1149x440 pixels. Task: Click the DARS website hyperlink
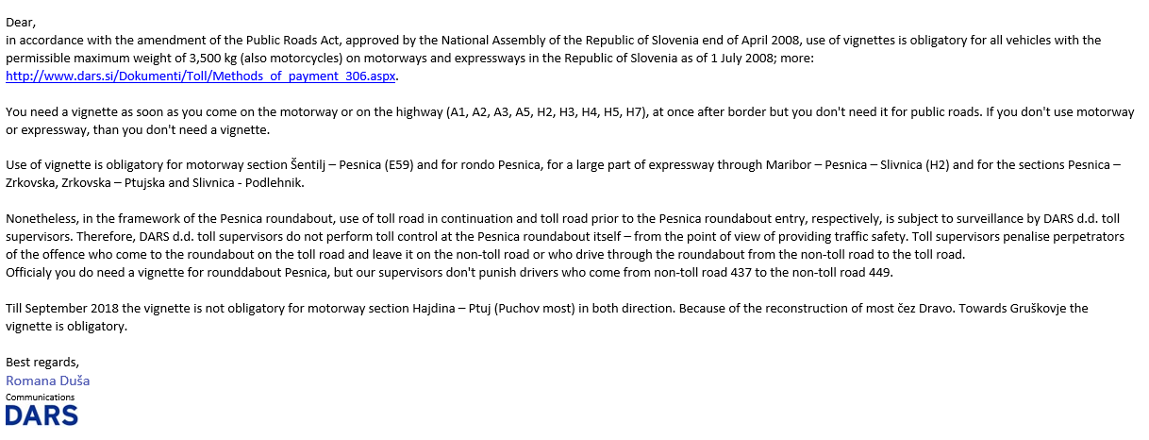point(201,76)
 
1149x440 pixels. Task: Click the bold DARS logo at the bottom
point(42,415)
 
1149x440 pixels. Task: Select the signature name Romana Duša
point(47,381)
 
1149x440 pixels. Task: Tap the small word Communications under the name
point(40,398)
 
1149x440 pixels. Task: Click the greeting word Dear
point(20,22)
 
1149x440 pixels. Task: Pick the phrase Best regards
point(42,363)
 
